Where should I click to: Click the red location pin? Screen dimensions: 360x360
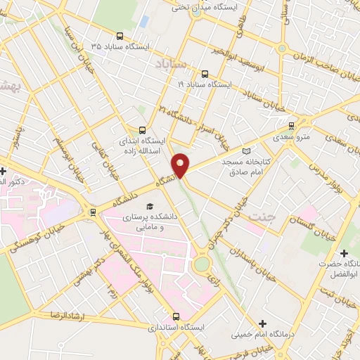(181, 165)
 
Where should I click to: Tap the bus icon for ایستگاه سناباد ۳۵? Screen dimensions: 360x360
(120, 36)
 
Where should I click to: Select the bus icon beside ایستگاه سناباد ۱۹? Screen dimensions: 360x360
(205, 73)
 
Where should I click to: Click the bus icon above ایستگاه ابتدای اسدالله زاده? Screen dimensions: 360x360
(143, 130)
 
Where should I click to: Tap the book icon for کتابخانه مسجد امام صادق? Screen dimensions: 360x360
(245, 151)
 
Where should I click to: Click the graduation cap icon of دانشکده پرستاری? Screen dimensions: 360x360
(149, 207)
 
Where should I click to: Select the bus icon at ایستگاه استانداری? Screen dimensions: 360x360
(176, 316)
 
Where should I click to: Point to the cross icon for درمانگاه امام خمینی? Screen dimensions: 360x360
(263, 323)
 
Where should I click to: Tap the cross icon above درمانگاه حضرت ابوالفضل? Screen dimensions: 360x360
(344, 253)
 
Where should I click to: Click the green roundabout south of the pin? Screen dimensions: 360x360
(202, 264)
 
